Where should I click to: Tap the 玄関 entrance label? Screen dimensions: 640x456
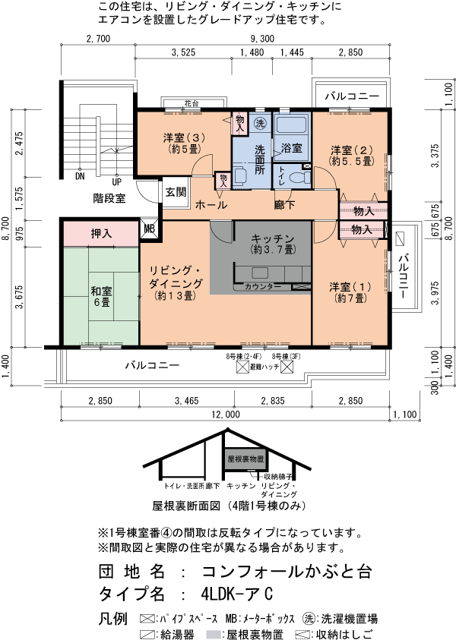tap(176, 192)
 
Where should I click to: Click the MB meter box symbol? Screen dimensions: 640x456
tap(149, 228)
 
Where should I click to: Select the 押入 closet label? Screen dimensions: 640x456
tap(101, 234)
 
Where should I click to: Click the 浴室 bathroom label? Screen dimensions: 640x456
tap(292, 147)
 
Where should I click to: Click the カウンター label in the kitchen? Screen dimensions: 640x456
tap(262, 287)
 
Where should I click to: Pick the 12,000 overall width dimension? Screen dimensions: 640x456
tap(227, 415)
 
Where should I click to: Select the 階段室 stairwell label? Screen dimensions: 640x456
tap(109, 197)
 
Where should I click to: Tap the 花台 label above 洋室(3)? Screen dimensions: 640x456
tap(191, 103)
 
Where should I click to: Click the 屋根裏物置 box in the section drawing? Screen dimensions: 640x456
tap(245, 459)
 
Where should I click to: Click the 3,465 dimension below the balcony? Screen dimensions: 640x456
tap(185, 400)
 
